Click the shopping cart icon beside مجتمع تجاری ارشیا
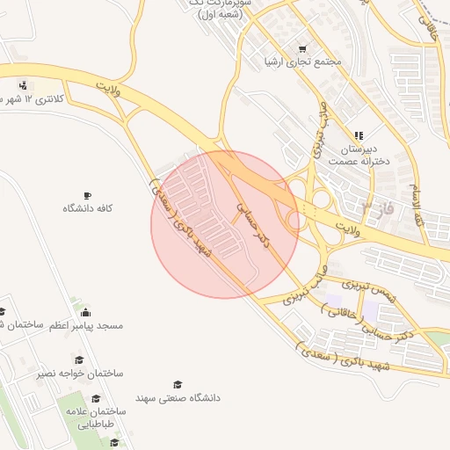(x=302, y=49)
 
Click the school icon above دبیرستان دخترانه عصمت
(x=359, y=135)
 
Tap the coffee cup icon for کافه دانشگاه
(x=86, y=195)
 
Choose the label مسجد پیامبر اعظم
(x=85, y=325)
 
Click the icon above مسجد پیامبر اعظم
(x=85, y=312)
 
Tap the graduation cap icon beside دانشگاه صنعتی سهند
(x=178, y=385)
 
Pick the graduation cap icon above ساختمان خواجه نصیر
(x=79, y=360)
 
